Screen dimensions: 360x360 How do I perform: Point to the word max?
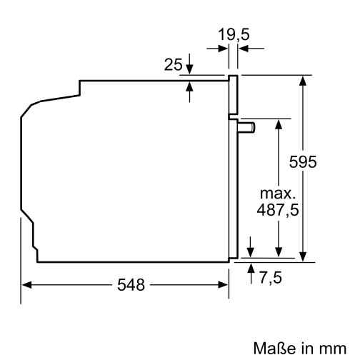[277, 194]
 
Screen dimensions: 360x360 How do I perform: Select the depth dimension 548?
[131, 285]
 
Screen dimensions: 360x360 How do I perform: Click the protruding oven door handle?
[248, 128]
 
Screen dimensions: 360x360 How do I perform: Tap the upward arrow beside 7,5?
[251, 268]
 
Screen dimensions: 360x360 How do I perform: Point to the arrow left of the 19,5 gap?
[222, 48]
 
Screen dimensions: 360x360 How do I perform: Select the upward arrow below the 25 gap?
[190, 86]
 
